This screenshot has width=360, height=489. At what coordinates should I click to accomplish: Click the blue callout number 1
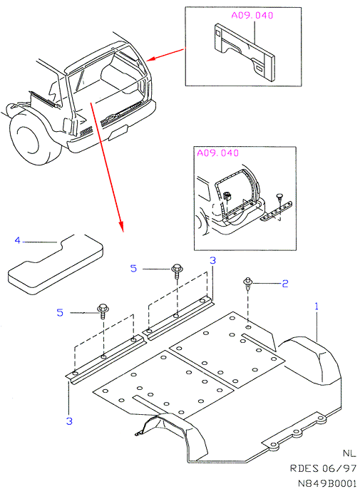click(x=317, y=307)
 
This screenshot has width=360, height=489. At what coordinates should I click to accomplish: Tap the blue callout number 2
click(x=285, y=284)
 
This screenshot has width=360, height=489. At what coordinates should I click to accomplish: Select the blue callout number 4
click(x=18, y=240)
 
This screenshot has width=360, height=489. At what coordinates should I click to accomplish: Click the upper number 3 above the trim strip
click(x=212, y=260)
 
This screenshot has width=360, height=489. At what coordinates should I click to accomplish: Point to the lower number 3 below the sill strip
click(x=69, y=421)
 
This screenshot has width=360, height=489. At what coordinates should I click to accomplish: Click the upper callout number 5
click(x=133, y=268)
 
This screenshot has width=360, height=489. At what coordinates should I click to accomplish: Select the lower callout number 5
click(x=60, y=312)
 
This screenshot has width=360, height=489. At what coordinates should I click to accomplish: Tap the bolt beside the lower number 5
click(x=103, y=311)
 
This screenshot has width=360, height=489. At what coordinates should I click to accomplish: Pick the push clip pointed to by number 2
click(x=247, y=284)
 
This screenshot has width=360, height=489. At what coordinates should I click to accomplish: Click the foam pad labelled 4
click(x=56, y=264)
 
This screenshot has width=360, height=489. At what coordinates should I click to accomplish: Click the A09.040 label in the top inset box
click(x=252, y=15)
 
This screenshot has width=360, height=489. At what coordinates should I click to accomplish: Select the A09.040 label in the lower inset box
click(x=217, y=153)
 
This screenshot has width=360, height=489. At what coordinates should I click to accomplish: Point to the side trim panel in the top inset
click(x=245, y=52)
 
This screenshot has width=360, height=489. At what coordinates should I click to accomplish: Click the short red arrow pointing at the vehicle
click(x=165, y=55)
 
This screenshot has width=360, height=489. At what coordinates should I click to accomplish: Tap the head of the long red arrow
click(x=122, y=227)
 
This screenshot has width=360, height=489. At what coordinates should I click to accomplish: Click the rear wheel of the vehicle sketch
click(x=33, y=137)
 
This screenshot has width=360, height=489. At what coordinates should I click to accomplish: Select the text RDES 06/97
click(x=323, y=468)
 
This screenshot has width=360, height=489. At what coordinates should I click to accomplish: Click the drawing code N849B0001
click(x=327, y=483)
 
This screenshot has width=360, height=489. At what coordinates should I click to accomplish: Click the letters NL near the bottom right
click(x=349, y=453)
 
